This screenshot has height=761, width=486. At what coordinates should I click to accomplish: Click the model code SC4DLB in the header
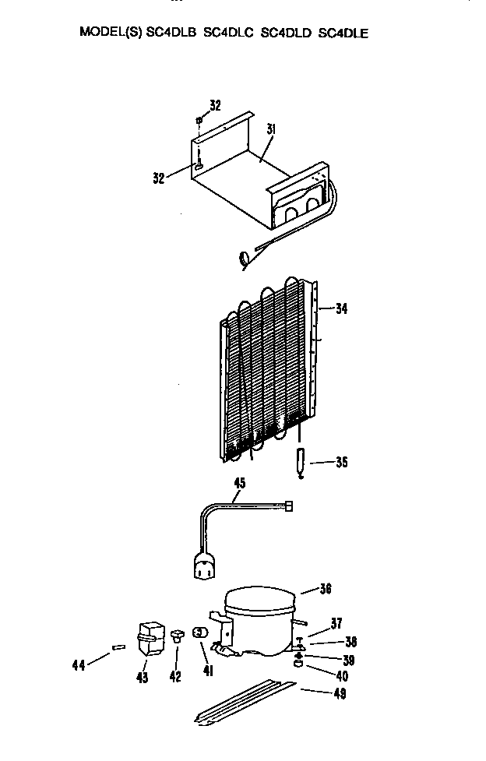171,33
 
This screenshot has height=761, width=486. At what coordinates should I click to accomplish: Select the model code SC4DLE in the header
343,33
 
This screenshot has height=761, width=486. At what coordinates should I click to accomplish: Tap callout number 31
270,129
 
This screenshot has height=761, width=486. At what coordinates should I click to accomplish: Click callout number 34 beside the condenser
341,308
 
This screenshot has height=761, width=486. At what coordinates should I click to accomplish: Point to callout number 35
342,462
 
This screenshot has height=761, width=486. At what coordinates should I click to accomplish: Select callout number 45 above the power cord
240,483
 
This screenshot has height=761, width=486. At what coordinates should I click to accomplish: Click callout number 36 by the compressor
326,589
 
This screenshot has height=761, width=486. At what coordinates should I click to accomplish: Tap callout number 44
78,665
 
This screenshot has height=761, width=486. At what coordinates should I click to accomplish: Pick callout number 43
143,677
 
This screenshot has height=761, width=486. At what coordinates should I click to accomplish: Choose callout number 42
175,676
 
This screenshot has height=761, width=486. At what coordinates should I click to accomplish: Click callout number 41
208,671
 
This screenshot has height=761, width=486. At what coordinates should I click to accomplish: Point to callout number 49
340,693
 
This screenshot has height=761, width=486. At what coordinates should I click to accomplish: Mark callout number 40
342,675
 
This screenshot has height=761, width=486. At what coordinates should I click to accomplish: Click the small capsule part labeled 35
301,462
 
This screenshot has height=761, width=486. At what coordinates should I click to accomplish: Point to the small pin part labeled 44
118,647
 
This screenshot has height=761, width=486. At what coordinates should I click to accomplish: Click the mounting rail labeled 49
245,702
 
